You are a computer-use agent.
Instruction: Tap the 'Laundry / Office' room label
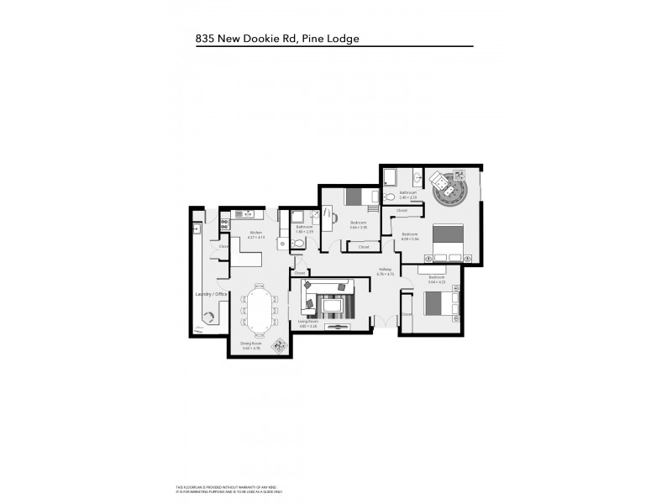212,294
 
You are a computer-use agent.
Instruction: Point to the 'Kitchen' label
256,233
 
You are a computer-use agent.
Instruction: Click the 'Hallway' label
385,269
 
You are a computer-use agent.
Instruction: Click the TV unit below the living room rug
339,327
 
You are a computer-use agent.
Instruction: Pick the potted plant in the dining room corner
278,345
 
